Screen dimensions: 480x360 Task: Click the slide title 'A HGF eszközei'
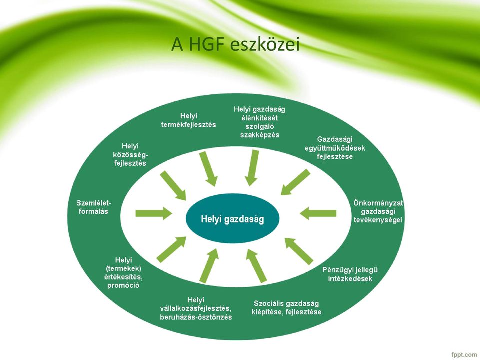(235, 45)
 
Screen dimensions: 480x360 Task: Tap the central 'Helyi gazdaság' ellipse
(232, 219)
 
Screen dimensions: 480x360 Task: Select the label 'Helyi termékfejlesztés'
(189, 120)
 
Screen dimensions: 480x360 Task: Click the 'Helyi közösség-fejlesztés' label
(130, 155)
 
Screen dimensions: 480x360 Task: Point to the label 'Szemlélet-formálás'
(93, 207)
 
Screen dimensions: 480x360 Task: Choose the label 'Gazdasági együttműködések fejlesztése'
(335, 148)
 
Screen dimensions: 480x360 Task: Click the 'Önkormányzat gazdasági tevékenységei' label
(378, 211)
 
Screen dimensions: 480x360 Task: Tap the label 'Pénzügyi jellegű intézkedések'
(350, 274)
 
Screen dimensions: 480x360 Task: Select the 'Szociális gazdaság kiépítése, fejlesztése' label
(286, 308)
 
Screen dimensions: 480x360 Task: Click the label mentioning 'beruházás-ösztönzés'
(196, 308)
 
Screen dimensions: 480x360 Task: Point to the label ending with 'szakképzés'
(259, 122)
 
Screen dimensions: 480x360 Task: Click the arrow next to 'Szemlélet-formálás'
(154, 213)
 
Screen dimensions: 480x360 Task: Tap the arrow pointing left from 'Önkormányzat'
(318, 213)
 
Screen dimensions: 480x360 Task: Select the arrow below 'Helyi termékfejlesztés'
(209, 169)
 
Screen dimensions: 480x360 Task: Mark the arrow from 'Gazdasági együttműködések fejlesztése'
(295, 182)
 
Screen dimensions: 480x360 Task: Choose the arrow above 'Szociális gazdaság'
(257, 266)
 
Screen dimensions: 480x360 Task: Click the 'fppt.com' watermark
(464, 355)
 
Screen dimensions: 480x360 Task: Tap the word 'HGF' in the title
(206, 44)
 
